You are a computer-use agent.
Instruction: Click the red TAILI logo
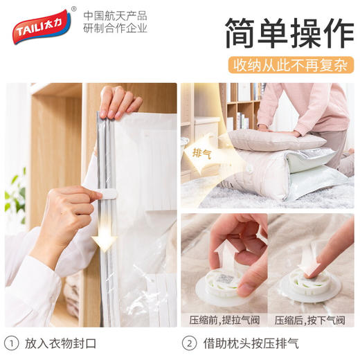(x=41, y=27)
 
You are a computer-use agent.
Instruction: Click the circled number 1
(x=15, y=343)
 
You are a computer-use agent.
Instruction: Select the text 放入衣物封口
(x=61, y=343)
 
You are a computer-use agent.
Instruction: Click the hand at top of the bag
(x=118, y=102)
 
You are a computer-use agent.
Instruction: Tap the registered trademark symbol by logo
(x=73, y=10)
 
